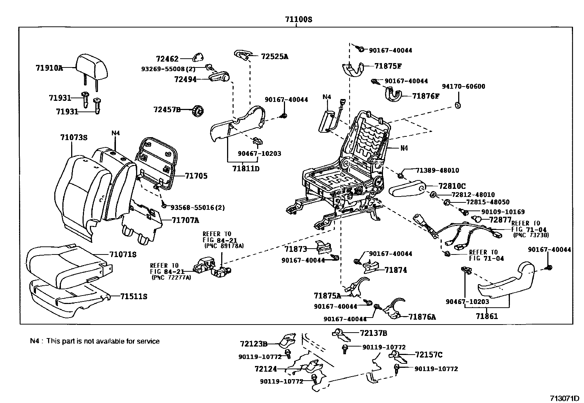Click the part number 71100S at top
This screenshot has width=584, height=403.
[299, 19]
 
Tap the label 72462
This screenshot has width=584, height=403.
[167, 59]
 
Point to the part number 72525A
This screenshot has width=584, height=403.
[274, 56]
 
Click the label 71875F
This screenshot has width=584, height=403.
[388, 66]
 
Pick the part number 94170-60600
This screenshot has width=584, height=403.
[463, 87]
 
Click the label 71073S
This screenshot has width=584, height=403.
[74, 138]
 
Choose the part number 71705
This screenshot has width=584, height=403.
[196, 176]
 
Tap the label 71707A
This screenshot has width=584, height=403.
[185, 220]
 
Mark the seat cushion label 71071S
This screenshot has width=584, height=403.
[123, 254]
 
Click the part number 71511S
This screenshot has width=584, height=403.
[134, 296]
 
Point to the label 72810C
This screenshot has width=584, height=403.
[452, 186]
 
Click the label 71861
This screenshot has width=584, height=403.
[487, 316]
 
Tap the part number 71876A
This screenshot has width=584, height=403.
[422, 317]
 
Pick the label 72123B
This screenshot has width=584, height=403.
[253, 344]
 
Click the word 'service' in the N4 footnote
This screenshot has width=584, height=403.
[149, 341]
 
